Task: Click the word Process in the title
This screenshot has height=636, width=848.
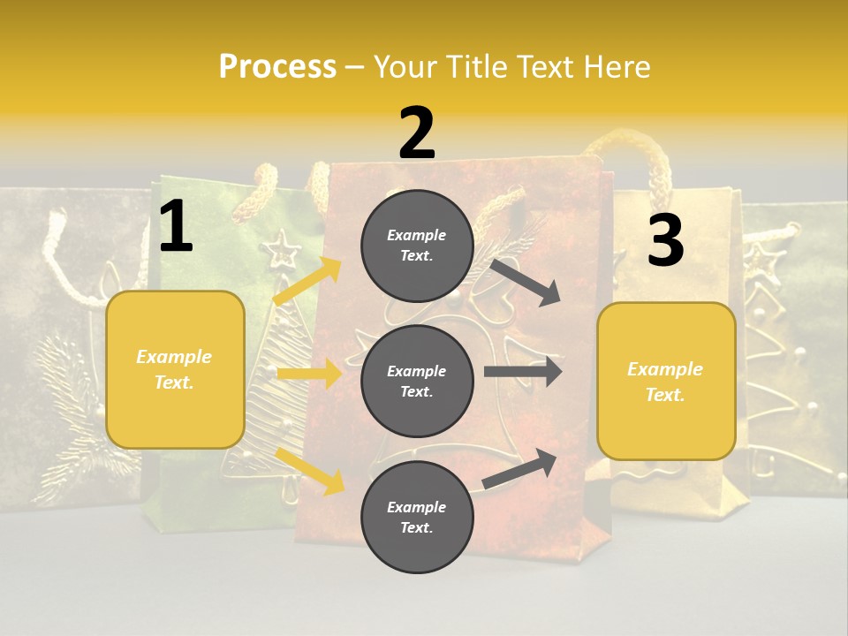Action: tap(277, 66)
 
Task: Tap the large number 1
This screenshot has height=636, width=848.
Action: tap(176, 227)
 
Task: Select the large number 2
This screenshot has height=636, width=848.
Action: tap(417, 133)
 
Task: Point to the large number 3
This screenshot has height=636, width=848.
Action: tap(665, 241)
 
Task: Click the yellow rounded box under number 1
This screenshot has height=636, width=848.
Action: tap(175, 369)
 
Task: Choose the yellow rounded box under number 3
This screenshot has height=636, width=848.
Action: tap(666, 381)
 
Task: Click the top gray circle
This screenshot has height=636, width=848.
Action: tap(417, 246)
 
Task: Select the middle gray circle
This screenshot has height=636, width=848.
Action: tap(417, 381)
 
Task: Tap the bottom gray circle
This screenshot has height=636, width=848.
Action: tap(417, 517)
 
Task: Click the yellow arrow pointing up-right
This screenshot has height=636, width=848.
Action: tap(307, 281)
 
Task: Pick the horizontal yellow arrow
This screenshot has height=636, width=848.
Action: tap(309, 374)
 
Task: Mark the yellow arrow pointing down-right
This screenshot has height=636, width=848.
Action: tap(310, 470)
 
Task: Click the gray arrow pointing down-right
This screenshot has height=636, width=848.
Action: tap(525, 282)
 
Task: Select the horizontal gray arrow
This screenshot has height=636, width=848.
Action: tap(522, 371)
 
